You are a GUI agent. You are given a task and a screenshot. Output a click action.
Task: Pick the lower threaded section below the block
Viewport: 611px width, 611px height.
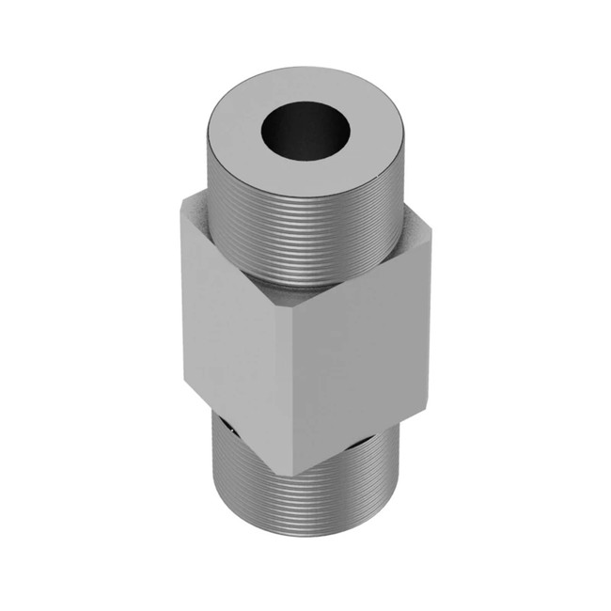301,508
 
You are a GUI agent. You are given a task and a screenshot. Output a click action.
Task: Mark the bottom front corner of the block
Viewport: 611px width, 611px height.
290,475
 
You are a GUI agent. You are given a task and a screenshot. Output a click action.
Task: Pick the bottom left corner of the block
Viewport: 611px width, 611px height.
185,384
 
